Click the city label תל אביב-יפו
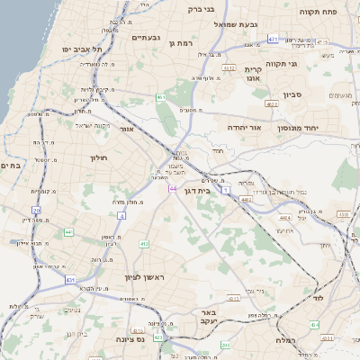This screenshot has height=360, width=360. (x=79, y=48)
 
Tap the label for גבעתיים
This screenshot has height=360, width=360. (x=146, y=38)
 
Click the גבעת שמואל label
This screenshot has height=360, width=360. (x=250, y=25)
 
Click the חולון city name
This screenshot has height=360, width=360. (x=99, y=158)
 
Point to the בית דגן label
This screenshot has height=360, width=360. (x=209, y=190)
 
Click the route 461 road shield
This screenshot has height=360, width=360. (x=161, y=96)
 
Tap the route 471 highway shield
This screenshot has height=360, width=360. (x=273, y=40)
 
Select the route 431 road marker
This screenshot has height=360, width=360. (x=70, y=281)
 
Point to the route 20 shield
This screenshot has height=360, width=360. (x=37, y=210)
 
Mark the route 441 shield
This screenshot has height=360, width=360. (x=69, y=232)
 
